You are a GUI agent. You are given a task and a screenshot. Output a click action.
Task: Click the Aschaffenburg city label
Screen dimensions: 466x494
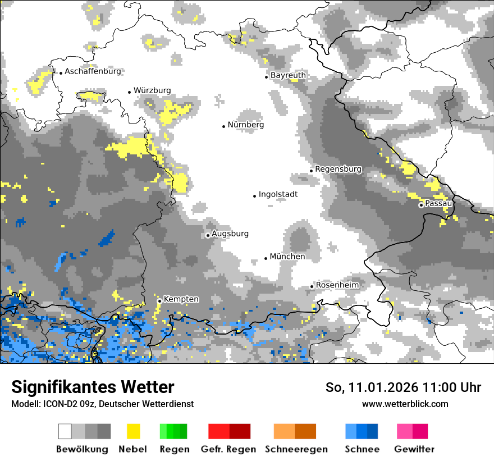93,72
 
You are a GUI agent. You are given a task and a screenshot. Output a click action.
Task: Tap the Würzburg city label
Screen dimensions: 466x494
152,90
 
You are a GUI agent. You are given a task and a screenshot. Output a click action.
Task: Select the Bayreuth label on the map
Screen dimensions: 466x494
288,75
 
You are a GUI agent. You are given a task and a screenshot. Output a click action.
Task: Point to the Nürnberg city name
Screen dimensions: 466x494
245,125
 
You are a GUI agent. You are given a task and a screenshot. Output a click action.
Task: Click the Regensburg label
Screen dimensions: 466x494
338,169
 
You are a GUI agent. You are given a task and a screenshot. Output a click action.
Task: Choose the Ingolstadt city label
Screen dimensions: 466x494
278,195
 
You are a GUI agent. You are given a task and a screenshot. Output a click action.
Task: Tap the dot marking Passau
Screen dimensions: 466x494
421,205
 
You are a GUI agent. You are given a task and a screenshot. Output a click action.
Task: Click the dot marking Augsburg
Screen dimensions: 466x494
208,235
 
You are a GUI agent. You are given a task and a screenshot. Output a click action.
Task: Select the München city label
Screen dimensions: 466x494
287,257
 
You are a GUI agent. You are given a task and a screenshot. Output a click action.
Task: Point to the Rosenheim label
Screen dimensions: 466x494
337,285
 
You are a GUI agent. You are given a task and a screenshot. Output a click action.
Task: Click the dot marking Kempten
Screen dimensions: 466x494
159,301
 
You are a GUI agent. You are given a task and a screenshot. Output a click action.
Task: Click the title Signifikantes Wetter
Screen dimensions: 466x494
93,387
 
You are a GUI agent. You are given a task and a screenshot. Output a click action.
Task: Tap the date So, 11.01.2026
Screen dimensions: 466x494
371,387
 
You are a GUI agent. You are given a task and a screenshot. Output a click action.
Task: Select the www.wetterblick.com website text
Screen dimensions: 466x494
405,404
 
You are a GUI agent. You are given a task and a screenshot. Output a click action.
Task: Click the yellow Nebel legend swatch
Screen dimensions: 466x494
133,431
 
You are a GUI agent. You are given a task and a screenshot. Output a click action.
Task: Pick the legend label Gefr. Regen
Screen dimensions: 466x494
228,449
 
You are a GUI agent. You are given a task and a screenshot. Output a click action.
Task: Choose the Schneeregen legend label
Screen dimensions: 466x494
296,449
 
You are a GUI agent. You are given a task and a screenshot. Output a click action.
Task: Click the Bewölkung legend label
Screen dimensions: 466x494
82,449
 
